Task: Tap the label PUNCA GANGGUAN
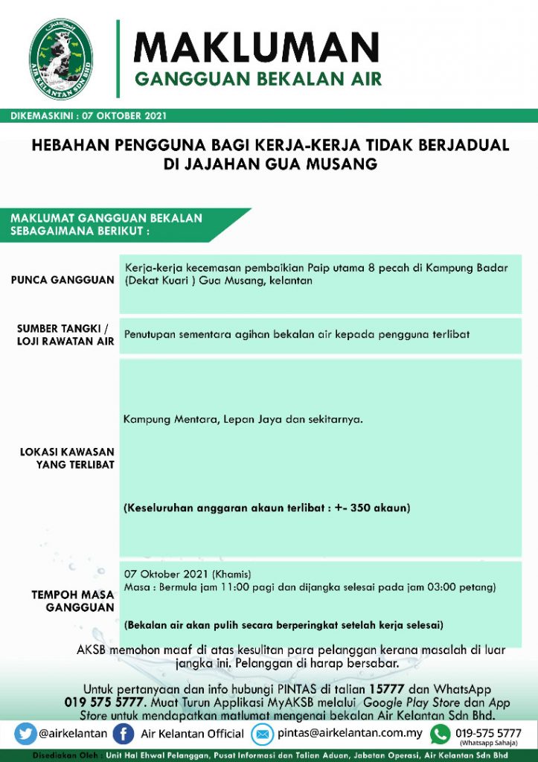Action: click(x=63, y=281)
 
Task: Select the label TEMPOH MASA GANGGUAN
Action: click(x=73, y=601)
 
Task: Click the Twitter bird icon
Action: click(x=25, y=734)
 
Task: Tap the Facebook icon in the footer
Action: click(x=127, y=734)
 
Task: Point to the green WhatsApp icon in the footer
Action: click(x=441, y=734)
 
